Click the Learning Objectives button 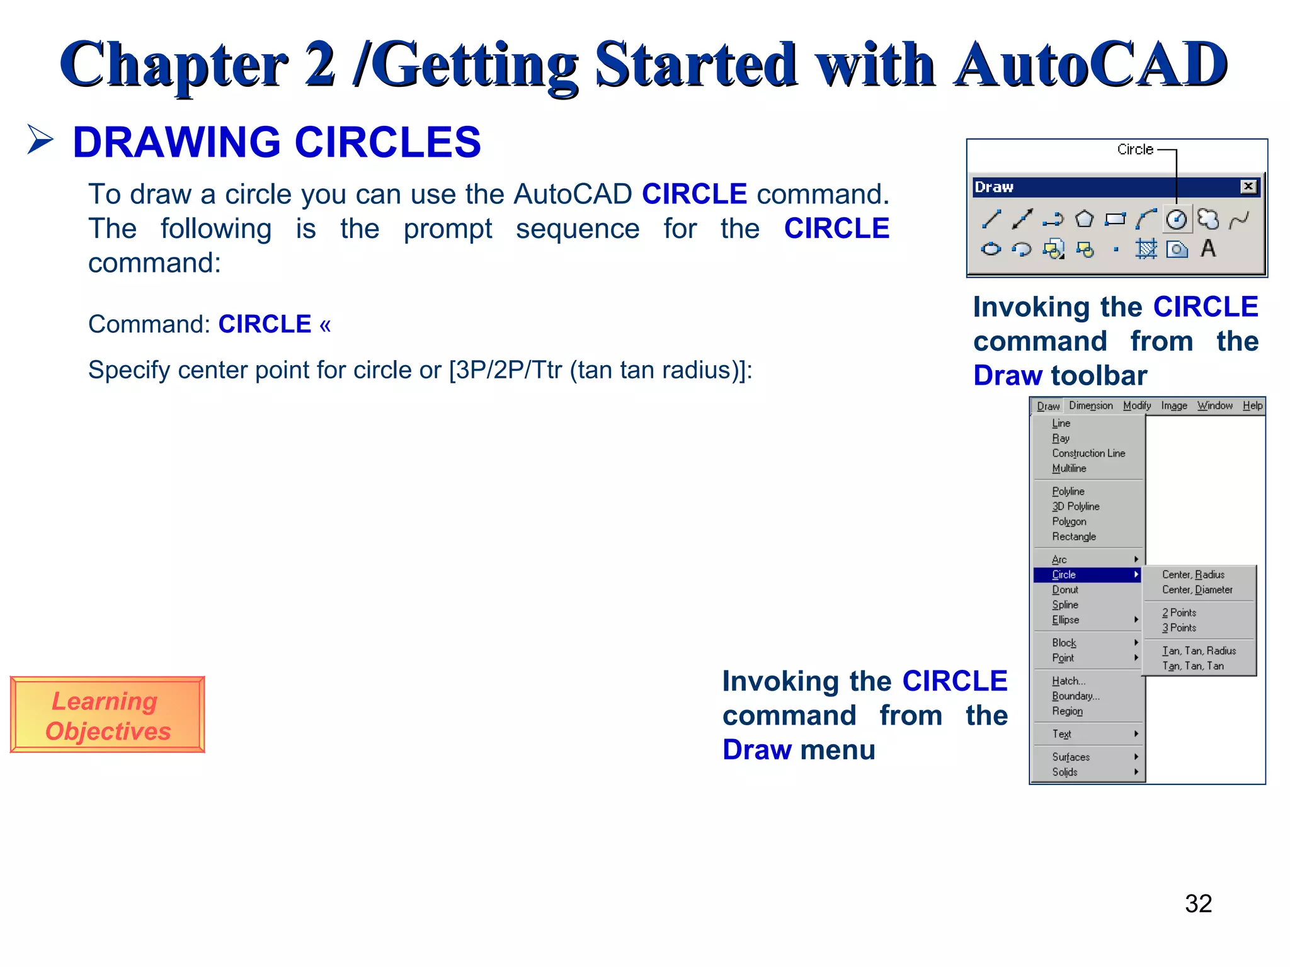point(107,715)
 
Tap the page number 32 point(1198,903)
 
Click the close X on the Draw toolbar point(1248,186)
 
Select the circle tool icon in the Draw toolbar point(1177,219)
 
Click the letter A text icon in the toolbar point(1207,249)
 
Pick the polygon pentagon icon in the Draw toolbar point(1084,219)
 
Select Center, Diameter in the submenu point(1197,590)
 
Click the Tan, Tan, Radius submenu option point(1199,651)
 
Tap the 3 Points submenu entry point(1179,628)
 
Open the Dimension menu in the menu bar point(1091,406)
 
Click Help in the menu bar point(1252,406)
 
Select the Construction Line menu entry point(1088,453)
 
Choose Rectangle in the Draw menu point(1074,537)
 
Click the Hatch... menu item point(1068,681)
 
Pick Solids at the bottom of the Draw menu point(1065,772)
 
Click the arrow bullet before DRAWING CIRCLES point(40,139)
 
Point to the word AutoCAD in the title point(1090,65)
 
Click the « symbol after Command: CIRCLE point(325,325)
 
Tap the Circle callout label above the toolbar point(1135,150)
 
